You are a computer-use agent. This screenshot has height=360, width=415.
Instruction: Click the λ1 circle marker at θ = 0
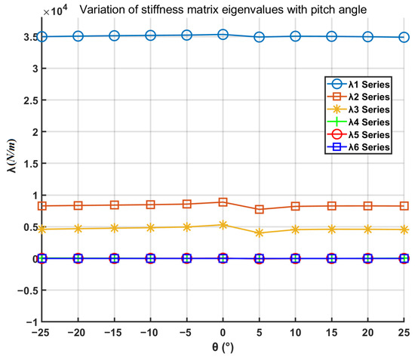[x=223, y=35]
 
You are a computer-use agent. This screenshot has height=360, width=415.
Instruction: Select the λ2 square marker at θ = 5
[x=259, y=209]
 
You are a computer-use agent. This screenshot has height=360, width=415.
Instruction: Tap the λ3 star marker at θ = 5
[x=259, y=233]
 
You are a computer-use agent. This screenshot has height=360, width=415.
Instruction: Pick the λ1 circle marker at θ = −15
[x=115, y=35]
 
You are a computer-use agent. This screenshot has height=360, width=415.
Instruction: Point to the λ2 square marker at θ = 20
[x=367, y=206]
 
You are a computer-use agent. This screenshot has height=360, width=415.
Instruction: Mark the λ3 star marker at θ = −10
[x=150, y=228]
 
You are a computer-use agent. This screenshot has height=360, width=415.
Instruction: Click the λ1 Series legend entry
[x=358, y=85]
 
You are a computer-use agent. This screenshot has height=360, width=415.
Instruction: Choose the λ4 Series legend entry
[x=358, y=122]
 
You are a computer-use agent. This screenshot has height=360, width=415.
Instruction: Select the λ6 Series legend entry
[x=358, y=147]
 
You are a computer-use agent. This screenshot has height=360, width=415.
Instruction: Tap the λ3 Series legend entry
[x=358, y=109]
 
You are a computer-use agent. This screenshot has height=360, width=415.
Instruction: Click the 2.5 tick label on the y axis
[x=31, y=100]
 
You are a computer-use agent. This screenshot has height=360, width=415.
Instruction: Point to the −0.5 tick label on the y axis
[x=28, y=291]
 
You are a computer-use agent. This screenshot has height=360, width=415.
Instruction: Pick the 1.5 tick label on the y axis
[x=31, y=164]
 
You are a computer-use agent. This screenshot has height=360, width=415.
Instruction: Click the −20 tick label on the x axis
[x=76, y=333]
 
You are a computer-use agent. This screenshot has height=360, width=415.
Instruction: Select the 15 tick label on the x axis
[x=332, y=333]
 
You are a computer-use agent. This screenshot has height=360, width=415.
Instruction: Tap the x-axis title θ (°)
[x=223, y=346]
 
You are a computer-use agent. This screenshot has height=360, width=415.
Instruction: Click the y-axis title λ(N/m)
[x=12, y=155]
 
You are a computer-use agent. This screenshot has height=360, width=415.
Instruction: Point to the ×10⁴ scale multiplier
[x=56, y=11]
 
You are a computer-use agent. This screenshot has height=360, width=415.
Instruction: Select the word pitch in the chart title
[x=324, y=10]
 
